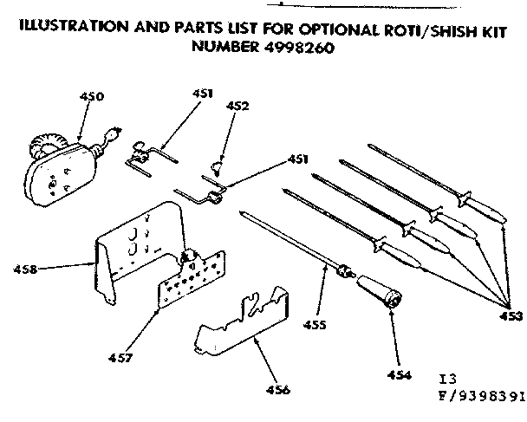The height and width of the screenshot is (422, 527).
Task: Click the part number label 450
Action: (x=91, y=97)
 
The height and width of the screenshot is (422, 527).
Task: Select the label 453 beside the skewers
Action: (x=512, y=316)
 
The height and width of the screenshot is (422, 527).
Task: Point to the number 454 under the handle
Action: (x=394, y=377)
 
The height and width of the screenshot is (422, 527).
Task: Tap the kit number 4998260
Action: (x=296, y=48)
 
